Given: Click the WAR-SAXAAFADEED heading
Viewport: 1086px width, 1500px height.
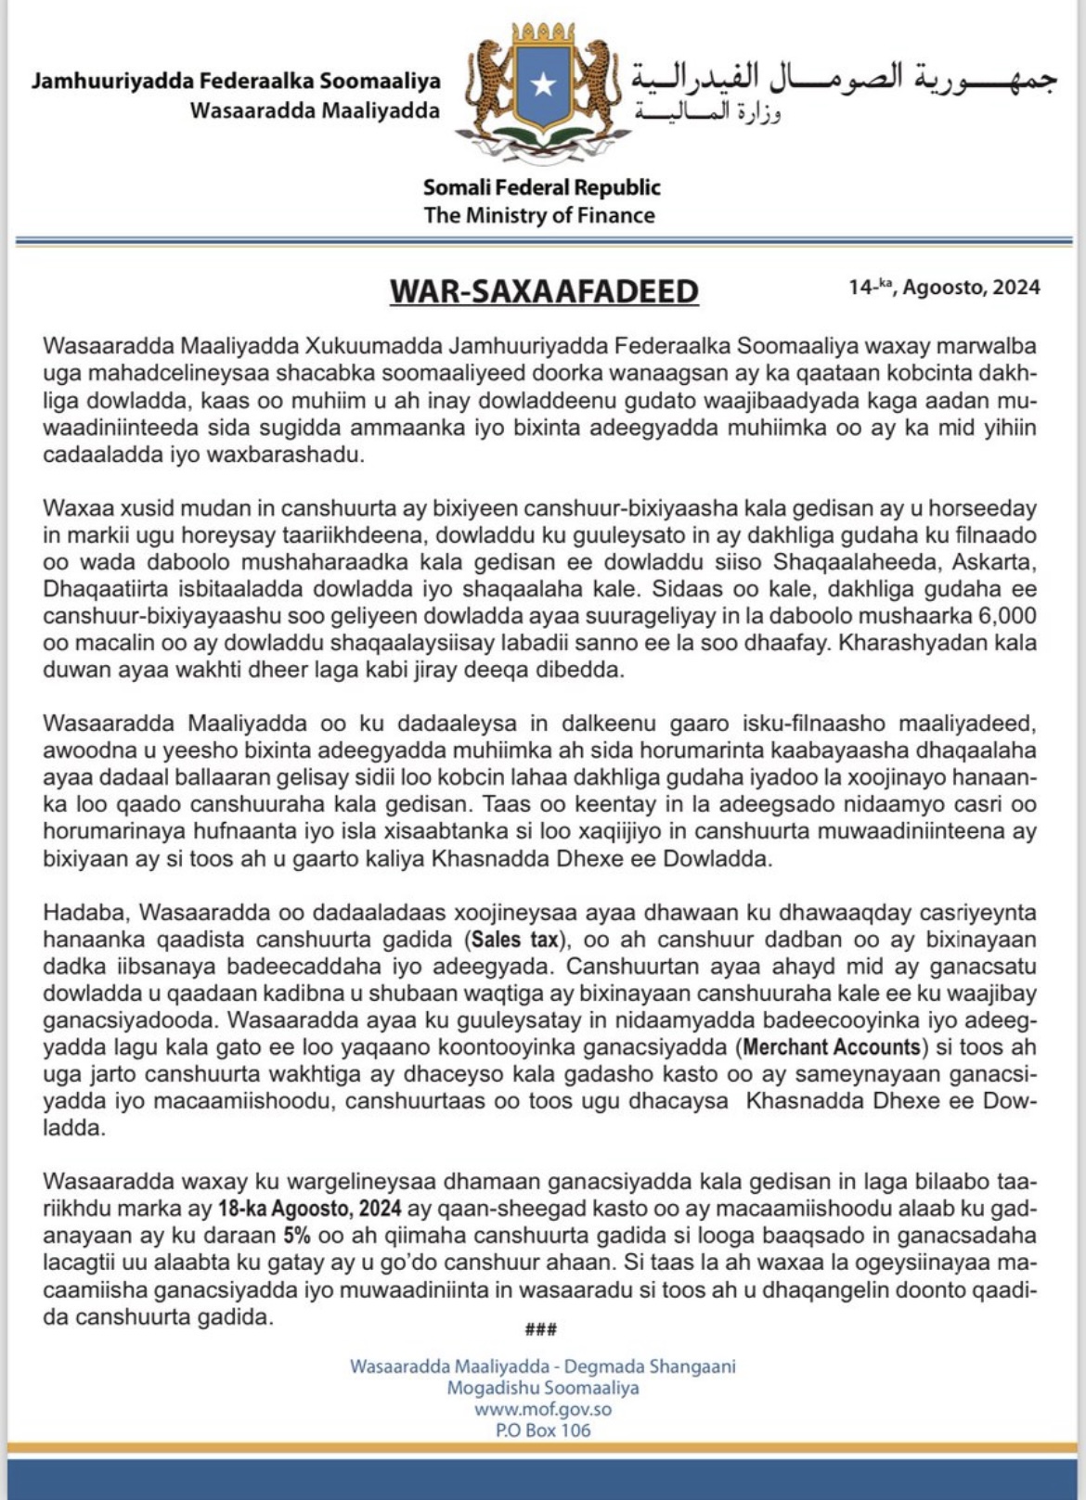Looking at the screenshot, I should click(x=543, y=291).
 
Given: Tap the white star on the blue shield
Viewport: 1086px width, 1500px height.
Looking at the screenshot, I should click(x=543, y=85).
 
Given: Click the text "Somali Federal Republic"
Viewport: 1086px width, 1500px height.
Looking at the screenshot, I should click(x=541, y=187).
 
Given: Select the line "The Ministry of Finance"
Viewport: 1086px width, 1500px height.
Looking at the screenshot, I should click(x=539, y=215).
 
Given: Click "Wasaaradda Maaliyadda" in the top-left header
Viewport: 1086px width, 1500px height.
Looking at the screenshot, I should click(x=315, y=110).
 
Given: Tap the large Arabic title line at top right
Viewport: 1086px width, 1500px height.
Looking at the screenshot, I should click(x=844, y=78).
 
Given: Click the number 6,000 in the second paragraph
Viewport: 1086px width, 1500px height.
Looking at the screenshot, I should click(x=1006, y=616).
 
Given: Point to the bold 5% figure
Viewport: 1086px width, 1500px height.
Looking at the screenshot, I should click(x=296, y=1236).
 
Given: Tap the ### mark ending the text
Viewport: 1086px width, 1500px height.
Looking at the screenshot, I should click(x=541, y=1329).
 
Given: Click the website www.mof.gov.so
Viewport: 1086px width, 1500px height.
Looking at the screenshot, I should click(x=542, y=1409).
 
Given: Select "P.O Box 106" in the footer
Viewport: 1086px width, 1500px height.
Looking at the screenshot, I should click(x=542, y=1430).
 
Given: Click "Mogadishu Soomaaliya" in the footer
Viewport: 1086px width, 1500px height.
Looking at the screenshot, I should click(x=542, y=1388).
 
